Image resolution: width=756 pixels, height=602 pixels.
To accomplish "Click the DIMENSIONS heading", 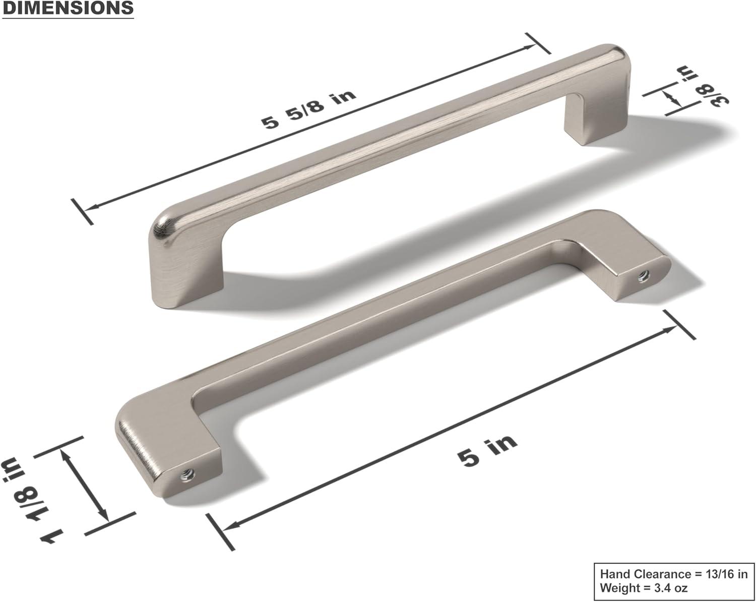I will tap(68, 9).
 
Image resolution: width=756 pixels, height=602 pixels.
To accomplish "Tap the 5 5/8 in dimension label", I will tap(308, 109).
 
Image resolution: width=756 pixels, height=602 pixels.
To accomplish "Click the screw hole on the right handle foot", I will tap(642, 275).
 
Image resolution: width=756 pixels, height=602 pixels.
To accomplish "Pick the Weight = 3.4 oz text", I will tap(644, 587).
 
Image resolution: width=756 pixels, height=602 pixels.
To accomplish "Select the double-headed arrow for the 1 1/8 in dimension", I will tap(84, 485).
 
